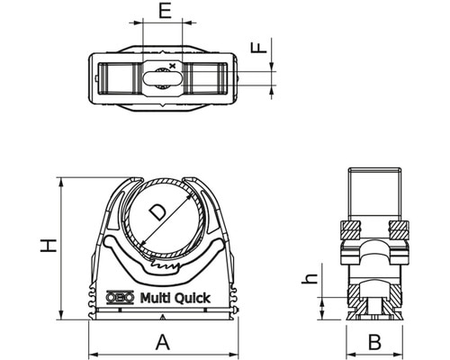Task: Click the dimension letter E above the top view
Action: tap(163, 11)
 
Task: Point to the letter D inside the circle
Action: tap(157, 213)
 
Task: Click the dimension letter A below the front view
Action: tap(163, 341)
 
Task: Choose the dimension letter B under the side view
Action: tap(376, 341)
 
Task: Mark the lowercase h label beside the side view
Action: tap(309, 279)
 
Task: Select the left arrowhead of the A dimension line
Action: tap(93, 351)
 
